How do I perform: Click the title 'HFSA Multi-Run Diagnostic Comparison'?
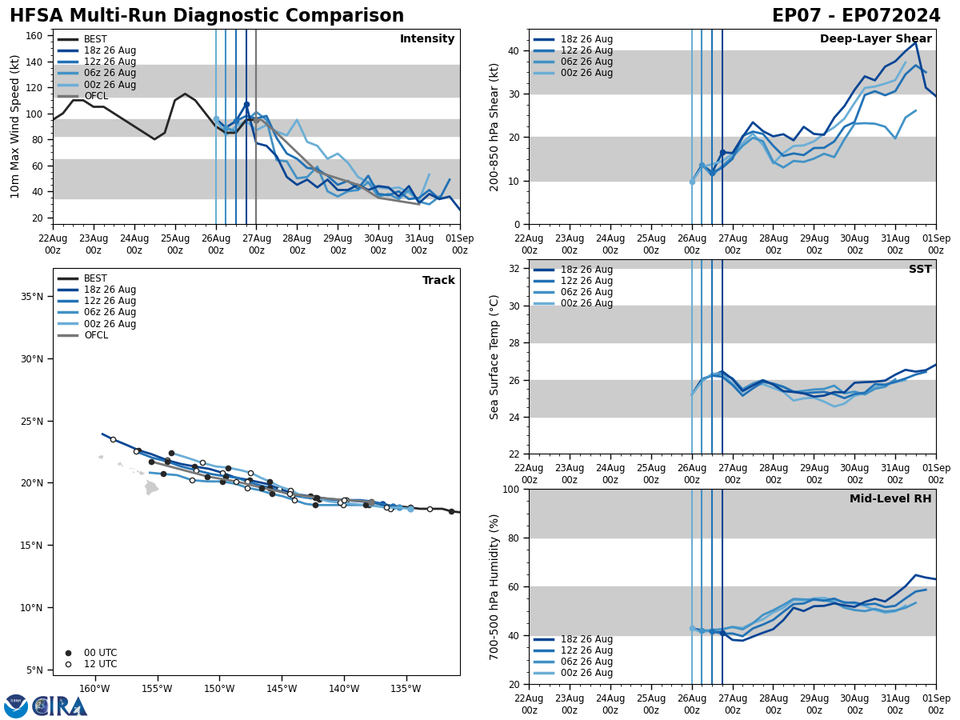coord(206,16)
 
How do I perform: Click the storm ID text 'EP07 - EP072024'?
coord(855,16)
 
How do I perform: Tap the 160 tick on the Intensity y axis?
coord(34,36)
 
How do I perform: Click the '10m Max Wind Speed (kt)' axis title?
coord(15,126)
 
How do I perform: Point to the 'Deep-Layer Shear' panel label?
coord(875,39)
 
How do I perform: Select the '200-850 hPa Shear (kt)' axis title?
coord(494,126)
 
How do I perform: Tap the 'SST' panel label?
coord(919,270)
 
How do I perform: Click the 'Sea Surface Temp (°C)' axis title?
coord(494,357)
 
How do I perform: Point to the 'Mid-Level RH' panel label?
coord(890,499)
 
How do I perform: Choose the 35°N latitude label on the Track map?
coord(31,297)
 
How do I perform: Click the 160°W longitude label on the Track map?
coord(94,689)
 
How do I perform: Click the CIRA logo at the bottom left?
coord(46,706)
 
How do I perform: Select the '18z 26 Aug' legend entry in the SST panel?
coord(586,270)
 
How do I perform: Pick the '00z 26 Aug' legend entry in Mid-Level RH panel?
coord(586,673)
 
